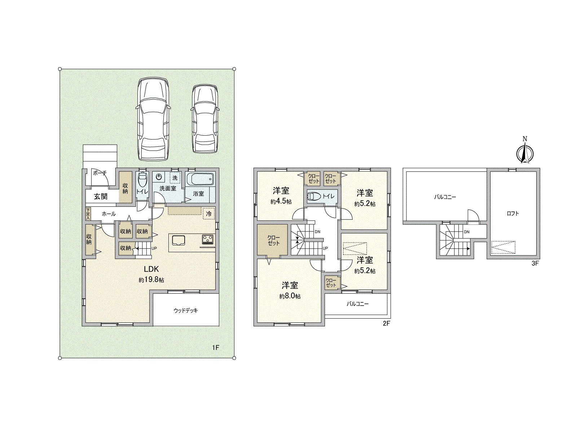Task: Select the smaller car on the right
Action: pyautogui.click(x=205, y=119)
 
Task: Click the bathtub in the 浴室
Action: pyautogui.click(x=200, y=179)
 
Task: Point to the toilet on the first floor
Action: pyautogui.click(x=142, y=181)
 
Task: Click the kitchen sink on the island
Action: pyautogui.click(x=179, y=240)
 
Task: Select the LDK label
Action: pyautogui.click(x=151, y=269)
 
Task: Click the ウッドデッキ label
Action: pyautogui.click(x=186, y=310)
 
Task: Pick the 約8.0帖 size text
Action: pyautogui.click(x=290, y=296)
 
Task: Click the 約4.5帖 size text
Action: pyautogui.click(x=281, y=202)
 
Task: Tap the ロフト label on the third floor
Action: pyautogui.click(x=512, y=213)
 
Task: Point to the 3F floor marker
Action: pyautogui.click(x=535, y=263)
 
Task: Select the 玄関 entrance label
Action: pyautogui.click(x=101, y=197)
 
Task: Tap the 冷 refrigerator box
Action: pyautogui.click(x=208, y=214)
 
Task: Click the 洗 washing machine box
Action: pyautogui.click(x=175, y=178)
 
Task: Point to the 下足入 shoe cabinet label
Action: pyautogui.click(x=88, y=214)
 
